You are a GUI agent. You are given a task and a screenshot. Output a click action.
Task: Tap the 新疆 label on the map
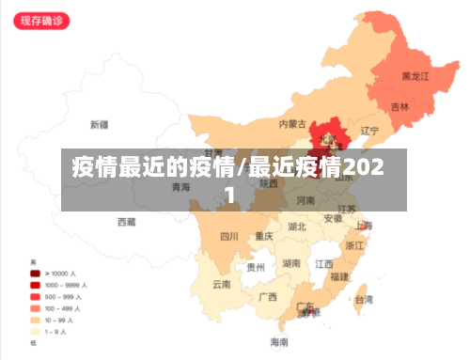click(x=99, y=124)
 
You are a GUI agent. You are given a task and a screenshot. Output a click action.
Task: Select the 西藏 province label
click(x=126, y=223)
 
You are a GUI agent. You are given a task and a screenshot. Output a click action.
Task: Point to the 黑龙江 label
click(x=415, y=76)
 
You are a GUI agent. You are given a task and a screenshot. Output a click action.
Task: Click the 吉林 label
click(x=399, y=107)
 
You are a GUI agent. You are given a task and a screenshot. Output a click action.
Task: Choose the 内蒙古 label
click(x=292, y=123)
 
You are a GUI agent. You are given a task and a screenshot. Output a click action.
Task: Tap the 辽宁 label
click(x=369, y=131)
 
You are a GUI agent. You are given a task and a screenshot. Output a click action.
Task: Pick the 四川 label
click(x=229, y=236)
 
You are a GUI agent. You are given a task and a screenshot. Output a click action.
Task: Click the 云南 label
click(x=222, y=284)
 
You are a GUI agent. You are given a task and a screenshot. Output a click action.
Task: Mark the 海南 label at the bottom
click(x=280, y=341)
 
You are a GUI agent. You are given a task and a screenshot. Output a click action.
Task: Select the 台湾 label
click(x=362, y=300)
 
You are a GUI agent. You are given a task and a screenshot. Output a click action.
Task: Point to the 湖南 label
click(x=291, y=263)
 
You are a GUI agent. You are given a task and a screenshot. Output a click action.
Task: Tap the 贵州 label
click(x=256, y=267)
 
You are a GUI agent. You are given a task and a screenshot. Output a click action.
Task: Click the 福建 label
click(x=339, y=276)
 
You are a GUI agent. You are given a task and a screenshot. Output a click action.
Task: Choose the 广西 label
click(x=267, y=297)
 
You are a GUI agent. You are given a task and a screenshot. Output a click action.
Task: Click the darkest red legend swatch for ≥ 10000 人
click(x=35, y=273)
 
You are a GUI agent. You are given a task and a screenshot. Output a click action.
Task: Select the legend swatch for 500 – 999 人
click(x=35, y=296)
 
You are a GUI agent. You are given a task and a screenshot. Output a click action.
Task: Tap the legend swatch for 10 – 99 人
click(x=35, y=320)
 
